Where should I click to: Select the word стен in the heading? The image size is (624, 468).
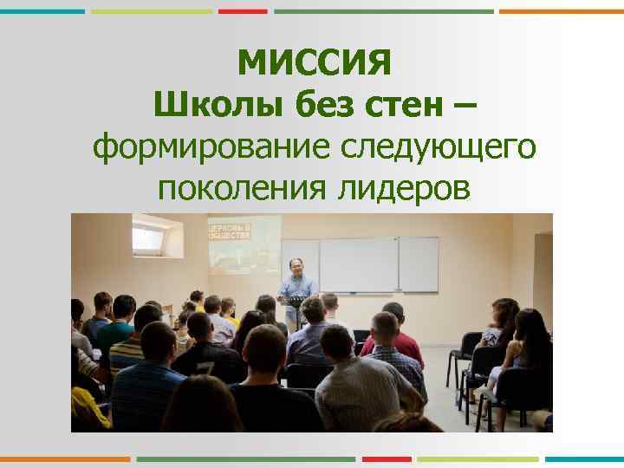click(x=397, y=107)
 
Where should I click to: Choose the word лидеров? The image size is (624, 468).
click(x=400, y=187)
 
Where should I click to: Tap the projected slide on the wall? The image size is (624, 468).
click(x=244, y=244)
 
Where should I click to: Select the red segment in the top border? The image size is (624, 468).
click(x=243, y=11)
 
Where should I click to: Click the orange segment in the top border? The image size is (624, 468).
click(x=562, y=11)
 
